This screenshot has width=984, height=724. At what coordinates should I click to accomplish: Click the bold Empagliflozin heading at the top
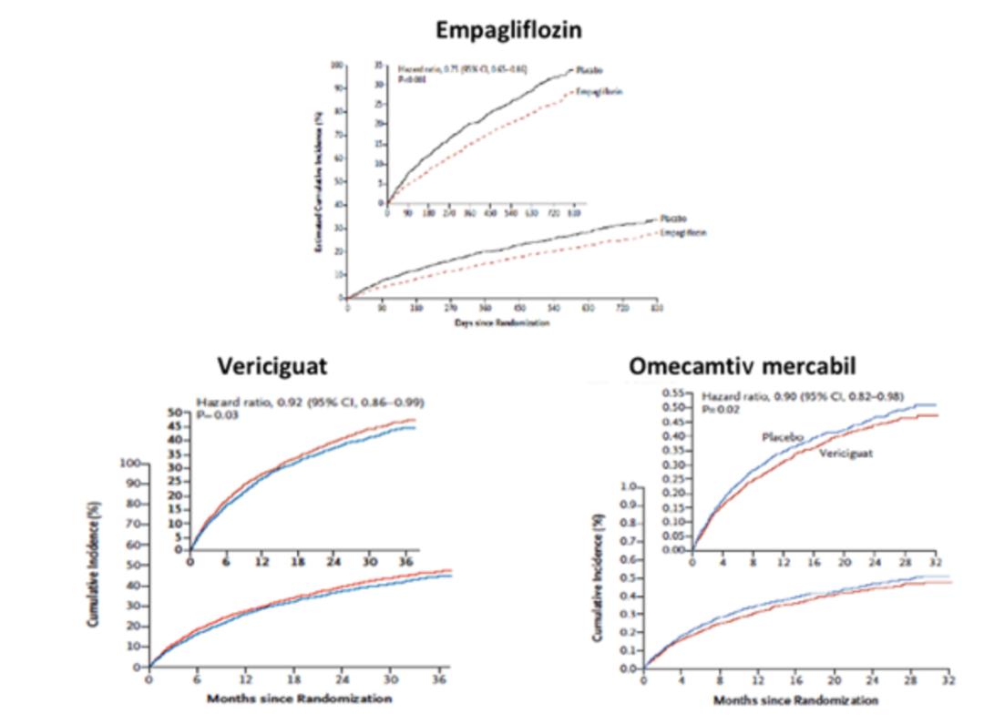click(x=509, y=30)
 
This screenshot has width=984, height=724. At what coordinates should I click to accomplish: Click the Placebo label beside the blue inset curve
click(x=781, y=438)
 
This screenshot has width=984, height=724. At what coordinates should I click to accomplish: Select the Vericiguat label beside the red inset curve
click(x=845, y=453)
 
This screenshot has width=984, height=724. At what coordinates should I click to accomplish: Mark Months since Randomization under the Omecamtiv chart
click(x=795, y=700)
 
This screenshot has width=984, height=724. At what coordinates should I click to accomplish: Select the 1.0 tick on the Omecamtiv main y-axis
click(x=628, y=486)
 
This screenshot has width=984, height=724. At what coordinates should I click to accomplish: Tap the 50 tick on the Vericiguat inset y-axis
click(x=174, y=413)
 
